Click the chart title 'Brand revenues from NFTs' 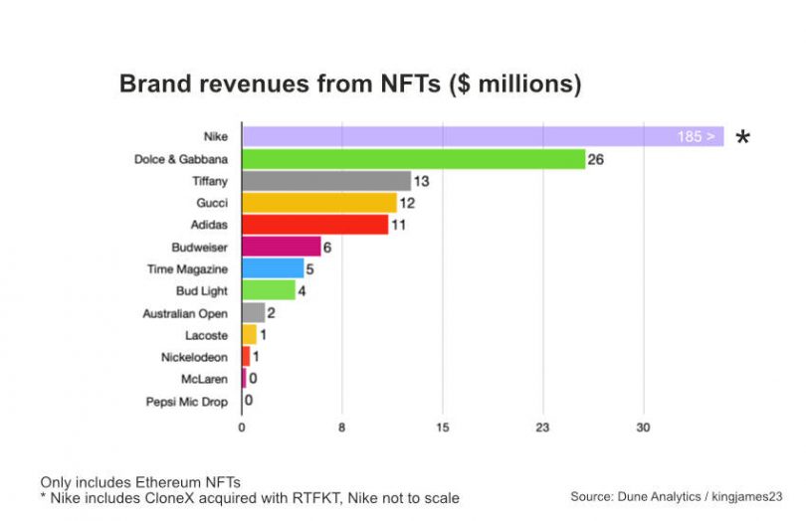350,85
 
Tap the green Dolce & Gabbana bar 413,158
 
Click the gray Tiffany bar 325,181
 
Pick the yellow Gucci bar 318,203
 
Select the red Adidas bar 314,225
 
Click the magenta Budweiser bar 281,247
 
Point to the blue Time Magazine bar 273,268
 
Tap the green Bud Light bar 269,290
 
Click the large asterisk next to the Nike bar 742,139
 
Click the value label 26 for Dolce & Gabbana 596,159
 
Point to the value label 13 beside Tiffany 422,181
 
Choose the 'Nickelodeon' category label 195,357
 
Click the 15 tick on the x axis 443,428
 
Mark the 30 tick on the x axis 644,428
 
